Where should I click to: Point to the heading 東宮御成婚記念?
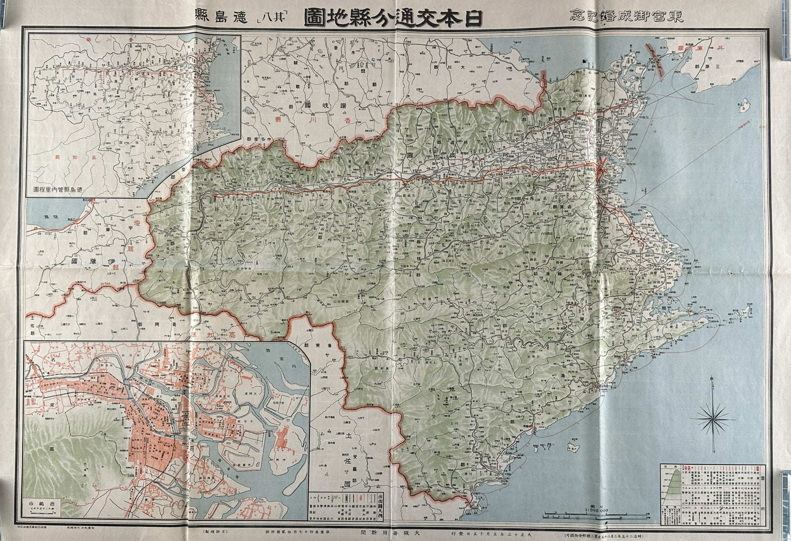(x=646, y=13)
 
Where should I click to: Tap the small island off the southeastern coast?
(x=573, y=447)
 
